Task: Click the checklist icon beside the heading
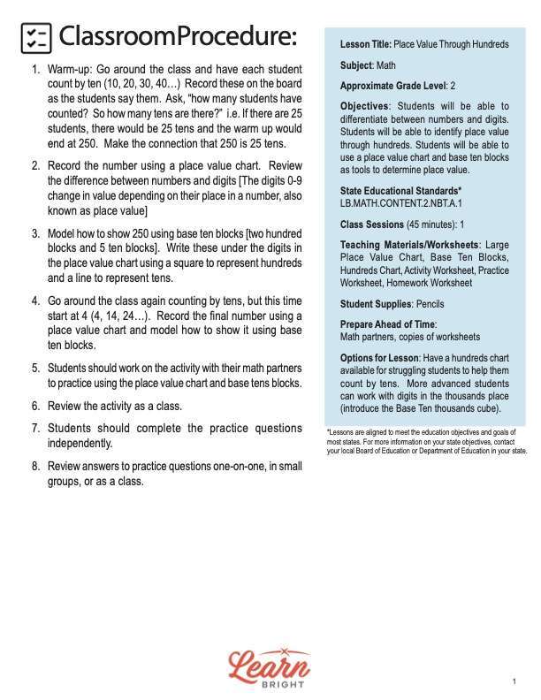coord(35,37)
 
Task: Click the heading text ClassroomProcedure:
coord(177,37)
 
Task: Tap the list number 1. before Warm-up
coord(35,69)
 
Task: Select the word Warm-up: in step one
coord(72,69)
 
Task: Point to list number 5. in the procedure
coord(35,368)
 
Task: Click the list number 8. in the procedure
coord(35,466)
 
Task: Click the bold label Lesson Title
coord(365,44)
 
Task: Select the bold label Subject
coord(356,65)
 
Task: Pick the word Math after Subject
coord(386,65)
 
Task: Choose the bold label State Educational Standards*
coord(400,191)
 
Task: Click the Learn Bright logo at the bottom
coord(269,667)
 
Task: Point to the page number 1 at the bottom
coord(514,681)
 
